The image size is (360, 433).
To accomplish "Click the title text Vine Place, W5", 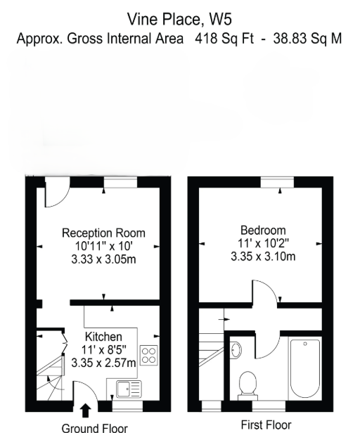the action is click(x=179, y=20).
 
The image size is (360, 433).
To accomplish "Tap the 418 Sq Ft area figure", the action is click(x=224, y=38).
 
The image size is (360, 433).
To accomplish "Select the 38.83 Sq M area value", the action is click(x=307, y=38).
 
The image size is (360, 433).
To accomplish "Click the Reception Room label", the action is click(x=103, y=233).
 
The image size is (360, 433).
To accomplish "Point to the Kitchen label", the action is click(x=103, y=337).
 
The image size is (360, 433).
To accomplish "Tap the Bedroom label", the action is click(x=263, y=231).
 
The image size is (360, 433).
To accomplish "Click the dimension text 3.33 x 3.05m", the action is click(x=103, y=259).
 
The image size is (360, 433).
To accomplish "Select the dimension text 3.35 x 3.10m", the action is click(x=263, y=257).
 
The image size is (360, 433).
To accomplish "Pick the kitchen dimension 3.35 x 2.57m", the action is click(x=103, y=363).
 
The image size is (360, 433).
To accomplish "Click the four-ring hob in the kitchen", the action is click(x=149, y=356).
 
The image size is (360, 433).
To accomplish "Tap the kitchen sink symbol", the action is click(x=129, y=389).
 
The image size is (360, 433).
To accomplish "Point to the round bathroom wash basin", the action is click(x=236, y=350).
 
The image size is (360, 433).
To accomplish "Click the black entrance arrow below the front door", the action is click(x=85, y=411).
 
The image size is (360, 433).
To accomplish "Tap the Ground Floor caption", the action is click(x=94, y=428).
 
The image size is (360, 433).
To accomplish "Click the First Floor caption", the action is click(x=266, y=425).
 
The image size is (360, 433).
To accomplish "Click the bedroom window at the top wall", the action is click(x=277, y=183).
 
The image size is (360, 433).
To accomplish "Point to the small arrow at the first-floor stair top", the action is click(x=224, y=320).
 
